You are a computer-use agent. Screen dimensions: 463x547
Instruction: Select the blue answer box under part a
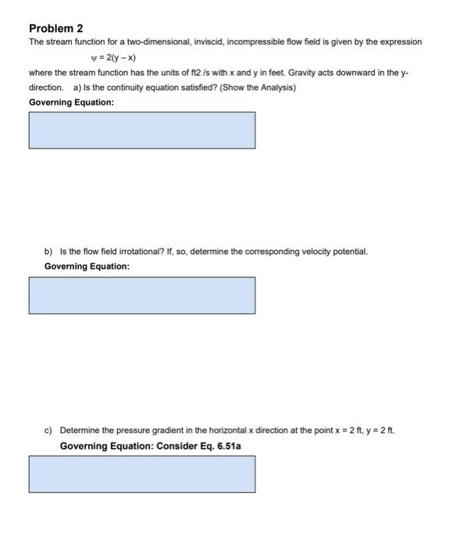click(142, 130)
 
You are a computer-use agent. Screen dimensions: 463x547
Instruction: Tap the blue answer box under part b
click(142, 295)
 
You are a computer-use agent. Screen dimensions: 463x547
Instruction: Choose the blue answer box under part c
click(142, 474)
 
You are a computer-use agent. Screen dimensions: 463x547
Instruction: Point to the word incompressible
click(254, 41)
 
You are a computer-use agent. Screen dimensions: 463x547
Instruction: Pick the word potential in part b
click(348, 252)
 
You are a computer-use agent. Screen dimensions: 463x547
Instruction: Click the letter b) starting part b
click(48, 252)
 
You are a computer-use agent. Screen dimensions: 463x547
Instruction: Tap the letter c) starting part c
click(48, 431)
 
